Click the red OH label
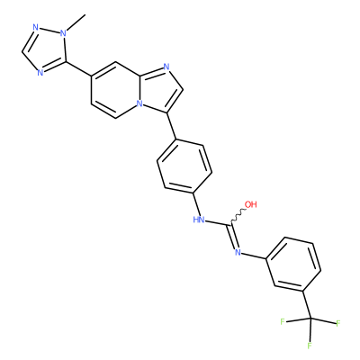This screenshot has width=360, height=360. (251, 204)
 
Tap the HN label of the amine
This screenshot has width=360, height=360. (199, 220)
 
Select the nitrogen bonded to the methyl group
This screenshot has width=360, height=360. (63, 32)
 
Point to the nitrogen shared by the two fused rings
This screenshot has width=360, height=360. (139, 103)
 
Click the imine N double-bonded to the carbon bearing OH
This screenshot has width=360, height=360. (238, 252)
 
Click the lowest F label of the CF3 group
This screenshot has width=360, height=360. (310, 346)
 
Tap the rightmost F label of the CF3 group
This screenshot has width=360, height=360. (338, 324)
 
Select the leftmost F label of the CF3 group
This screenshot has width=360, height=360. (283, 322)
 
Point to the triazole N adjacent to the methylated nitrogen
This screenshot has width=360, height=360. (36, 28)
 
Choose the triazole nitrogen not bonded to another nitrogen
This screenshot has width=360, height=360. (40, 72)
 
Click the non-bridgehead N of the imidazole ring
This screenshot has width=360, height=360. (166, 67)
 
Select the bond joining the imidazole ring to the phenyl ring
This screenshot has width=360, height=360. (171, 126)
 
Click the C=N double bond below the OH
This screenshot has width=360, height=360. (234, 236)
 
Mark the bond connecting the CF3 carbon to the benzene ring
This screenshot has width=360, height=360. (307, 305)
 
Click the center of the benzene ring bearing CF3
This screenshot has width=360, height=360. (293, 265)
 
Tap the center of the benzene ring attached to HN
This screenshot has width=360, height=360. (184, 166)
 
